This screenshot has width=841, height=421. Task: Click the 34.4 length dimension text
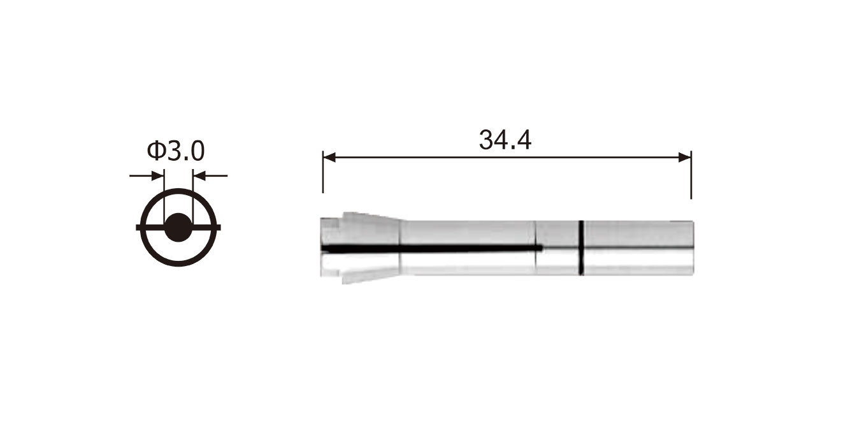(x=505, y=140)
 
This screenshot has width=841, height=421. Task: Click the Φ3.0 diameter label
(x=176, y=151)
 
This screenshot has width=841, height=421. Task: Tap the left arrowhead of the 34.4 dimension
(x=329, y=157)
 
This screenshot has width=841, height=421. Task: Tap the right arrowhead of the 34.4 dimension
(x=685, y=157)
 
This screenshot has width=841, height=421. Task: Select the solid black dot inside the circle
(x=178, y=228)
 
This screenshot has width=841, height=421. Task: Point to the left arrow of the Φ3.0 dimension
(x=147, y=175)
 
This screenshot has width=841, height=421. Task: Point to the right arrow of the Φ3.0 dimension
(x=210, y=175)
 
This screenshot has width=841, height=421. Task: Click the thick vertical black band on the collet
(x=581, y=247)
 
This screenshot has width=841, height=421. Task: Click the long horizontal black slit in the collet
(x=432, y=249)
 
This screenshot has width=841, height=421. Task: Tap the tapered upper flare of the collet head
(x=371, y=218)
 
